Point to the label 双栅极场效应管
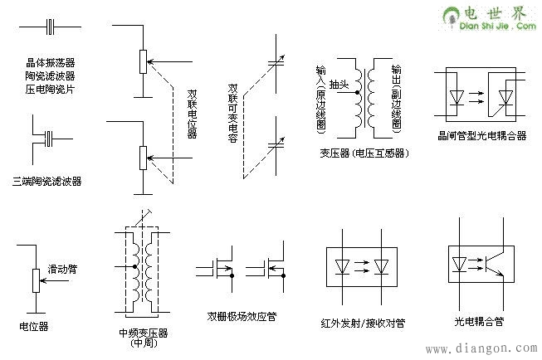pyautogui.click(x=242, y=316)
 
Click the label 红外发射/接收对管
pyautogui.click(x=359, y=321)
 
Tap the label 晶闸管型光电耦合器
pyautogui.click(x=481, y=135)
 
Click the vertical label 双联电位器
pyautogui.click(x=193, y=109)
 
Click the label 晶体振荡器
pyautogui.click(x=50, y=62)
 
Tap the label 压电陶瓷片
pyautogui.click(x=50, y=88)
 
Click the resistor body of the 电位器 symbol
pyautogui.click(x=35, y=280)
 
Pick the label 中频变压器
pyautogui.click(x=144, y=333)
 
